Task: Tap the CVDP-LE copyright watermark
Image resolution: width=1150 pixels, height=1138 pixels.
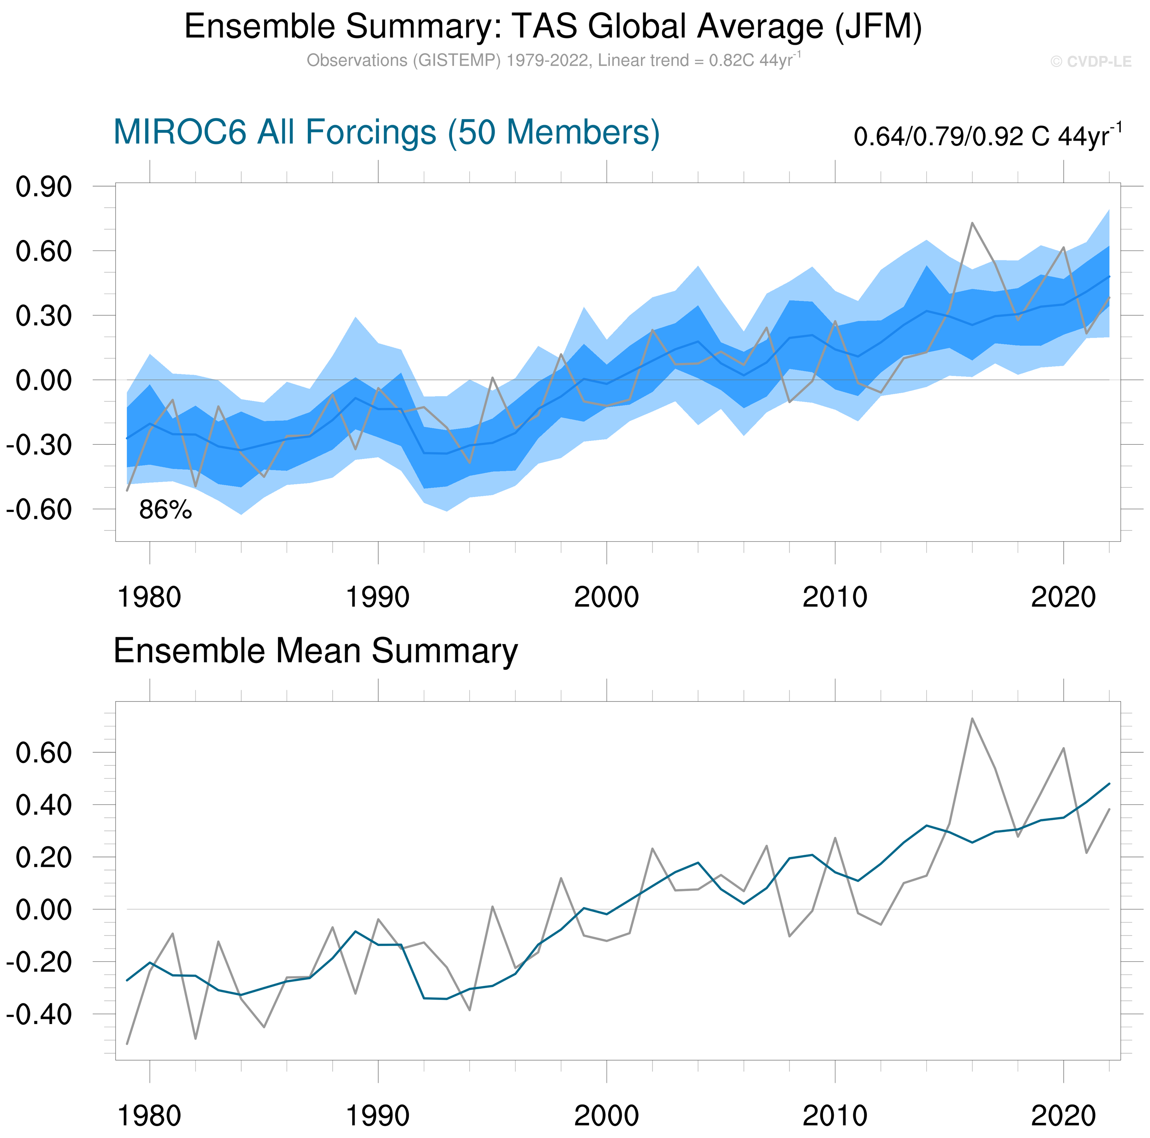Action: click(x=1090, y=62)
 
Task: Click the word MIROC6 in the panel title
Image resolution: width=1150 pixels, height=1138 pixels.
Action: click(x=179, y=132)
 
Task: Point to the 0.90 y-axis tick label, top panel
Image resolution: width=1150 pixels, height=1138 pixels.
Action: click(x=43, y=187)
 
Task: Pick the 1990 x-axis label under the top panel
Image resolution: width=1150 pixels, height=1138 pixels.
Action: click(x=378, y=597)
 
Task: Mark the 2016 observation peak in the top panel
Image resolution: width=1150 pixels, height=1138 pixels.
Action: click(x=972, y=223)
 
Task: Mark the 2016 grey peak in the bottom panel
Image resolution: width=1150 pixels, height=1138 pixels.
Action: click(x=972, y=719)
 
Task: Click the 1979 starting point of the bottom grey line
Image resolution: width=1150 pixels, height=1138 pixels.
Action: click(x=127, y=1044)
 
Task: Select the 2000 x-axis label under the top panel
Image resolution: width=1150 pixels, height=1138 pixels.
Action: click(x=606, y=597)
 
